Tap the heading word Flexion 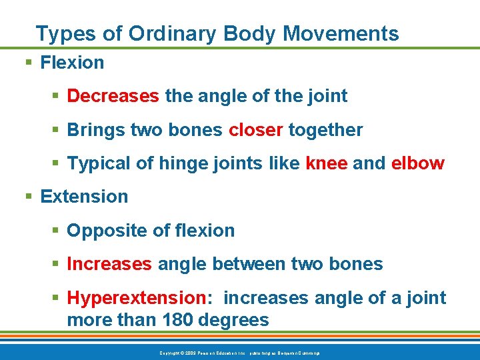[72, 63]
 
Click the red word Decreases [113, 96]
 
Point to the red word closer [256, 130]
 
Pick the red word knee [326, 163]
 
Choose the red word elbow [417, 163]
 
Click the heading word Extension [84, 197]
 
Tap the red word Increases [109, 264]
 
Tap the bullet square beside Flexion [29, 63]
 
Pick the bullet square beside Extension [29, 197]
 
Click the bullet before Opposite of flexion [56, 231]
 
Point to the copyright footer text [240, 353]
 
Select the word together [325, 130]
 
